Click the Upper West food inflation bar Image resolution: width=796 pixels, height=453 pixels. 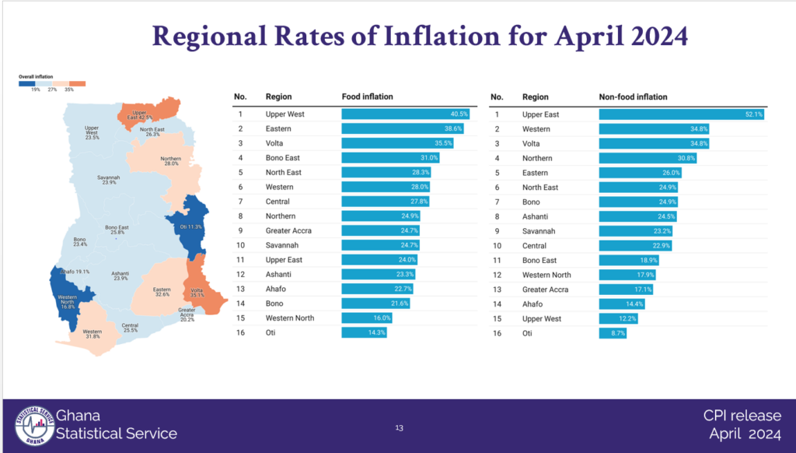click(410, 114)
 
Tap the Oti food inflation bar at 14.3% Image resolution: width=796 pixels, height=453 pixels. click(364, 332)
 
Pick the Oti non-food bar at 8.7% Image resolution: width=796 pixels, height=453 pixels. click(613, 332)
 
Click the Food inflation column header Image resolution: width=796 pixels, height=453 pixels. click(368, 97)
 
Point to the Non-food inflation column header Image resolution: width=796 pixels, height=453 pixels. click(633, 97)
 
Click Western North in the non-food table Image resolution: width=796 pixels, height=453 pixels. click(546, 275)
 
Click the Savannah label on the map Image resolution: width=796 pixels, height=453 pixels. click(108, 179)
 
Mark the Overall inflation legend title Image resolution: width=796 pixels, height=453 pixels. click(36, 75)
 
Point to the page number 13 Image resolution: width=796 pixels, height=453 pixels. click(399, 427)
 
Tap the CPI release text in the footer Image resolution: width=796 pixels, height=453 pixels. click(742, 416)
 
